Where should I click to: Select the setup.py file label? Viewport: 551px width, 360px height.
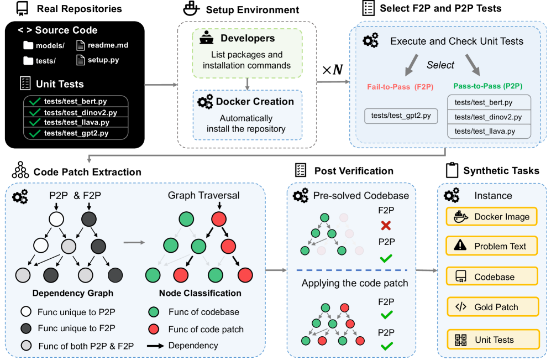(x=103, y=60)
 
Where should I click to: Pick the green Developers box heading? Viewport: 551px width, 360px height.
(x=247, y=39)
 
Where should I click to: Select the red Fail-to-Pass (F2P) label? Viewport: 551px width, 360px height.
(x=401, y=87)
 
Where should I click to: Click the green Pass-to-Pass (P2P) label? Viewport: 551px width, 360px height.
(x=489, y=87)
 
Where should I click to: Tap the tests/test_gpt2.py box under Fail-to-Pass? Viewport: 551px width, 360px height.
(x=401, y=116)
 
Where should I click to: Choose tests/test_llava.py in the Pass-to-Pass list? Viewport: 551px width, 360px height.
(x=484, y=131)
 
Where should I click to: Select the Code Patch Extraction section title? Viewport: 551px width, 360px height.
(x=87, y=172)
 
